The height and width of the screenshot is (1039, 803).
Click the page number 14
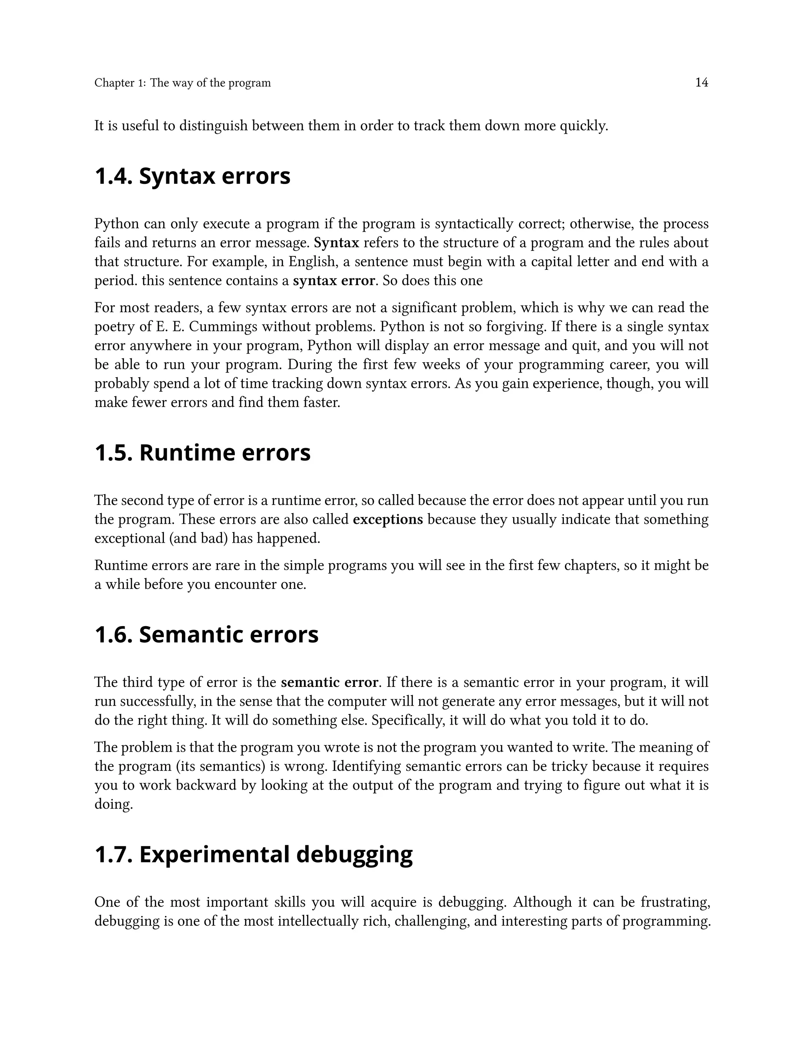[702, 83]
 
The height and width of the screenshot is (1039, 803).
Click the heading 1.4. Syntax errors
[192, 176]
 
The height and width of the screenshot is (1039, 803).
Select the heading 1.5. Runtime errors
[202, 452]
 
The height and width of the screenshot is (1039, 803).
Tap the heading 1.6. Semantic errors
[207, 635]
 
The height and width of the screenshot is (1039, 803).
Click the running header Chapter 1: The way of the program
[182, 83]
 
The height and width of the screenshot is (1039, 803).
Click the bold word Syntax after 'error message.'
[336, 243]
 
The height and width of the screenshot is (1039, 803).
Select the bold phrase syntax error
[334, 281]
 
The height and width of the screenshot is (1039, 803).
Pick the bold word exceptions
[388, 519]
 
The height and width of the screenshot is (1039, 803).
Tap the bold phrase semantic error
[329, 683]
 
